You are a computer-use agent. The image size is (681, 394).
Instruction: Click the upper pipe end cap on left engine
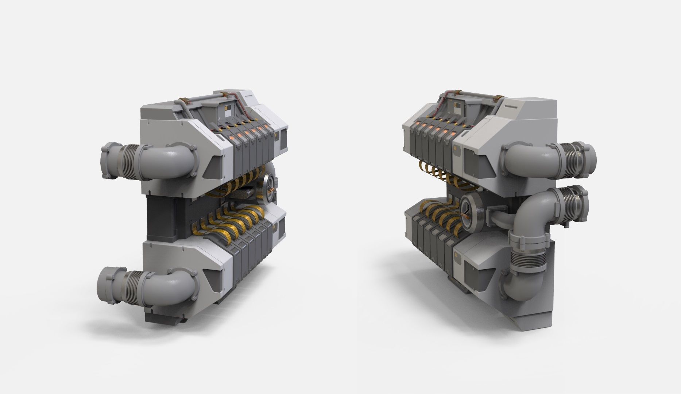pyautogui.click(x=108, y=162)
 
